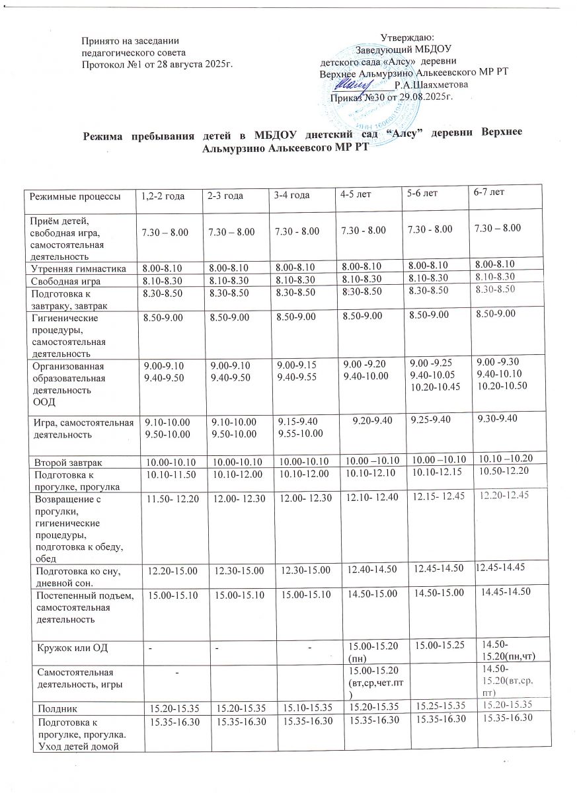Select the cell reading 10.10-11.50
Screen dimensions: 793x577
click(166, 472)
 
